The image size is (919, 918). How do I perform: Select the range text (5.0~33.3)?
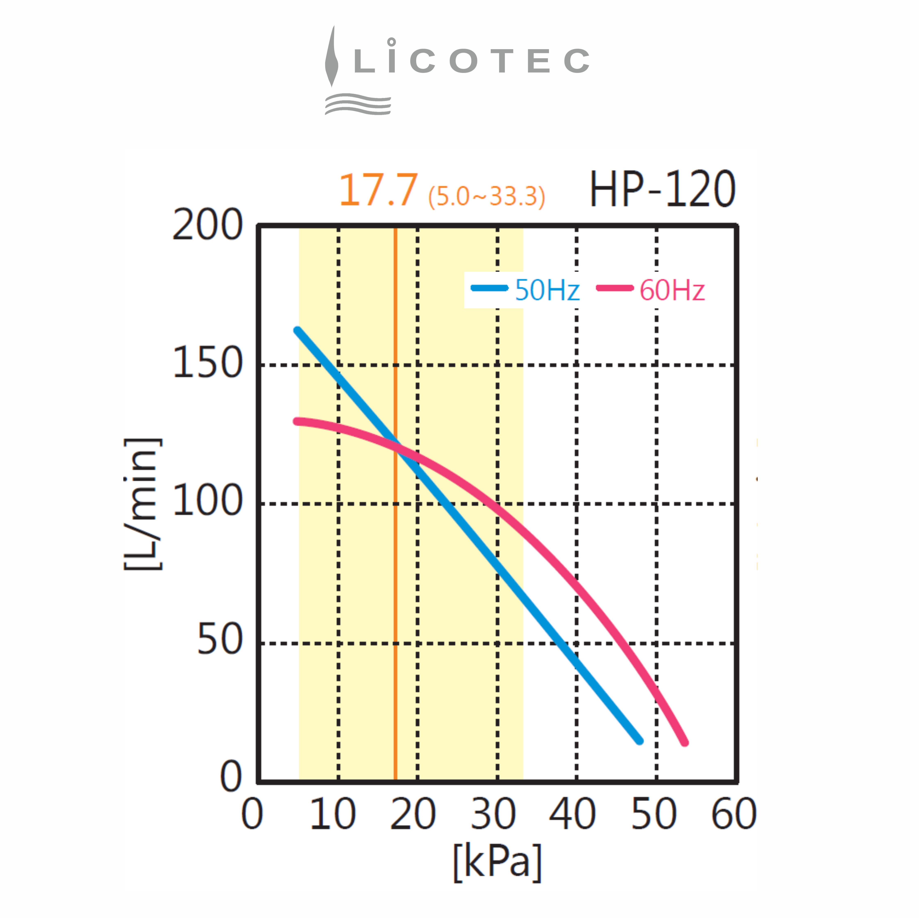[486, 196]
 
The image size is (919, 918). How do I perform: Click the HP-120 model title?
[662, 190]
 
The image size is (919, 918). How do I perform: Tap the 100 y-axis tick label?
[207, 501]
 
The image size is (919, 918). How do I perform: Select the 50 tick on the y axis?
[220, 640]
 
